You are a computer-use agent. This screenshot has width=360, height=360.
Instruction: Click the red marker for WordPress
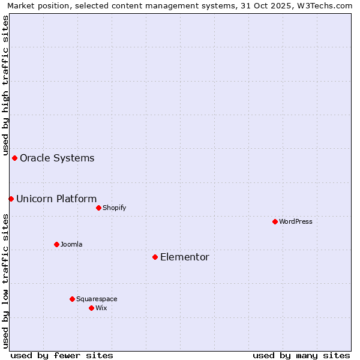coord(275,221)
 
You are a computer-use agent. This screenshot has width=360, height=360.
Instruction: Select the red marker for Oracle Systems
coord(15,158)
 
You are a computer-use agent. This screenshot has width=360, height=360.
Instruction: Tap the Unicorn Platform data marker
coord(11,199)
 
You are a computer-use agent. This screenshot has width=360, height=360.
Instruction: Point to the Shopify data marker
coord(99,208)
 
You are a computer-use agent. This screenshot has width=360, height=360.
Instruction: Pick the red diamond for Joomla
coord(57,244)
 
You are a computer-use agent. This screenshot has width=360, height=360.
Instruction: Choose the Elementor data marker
coord(155,257)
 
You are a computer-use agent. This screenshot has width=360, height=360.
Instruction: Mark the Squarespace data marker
coord(73,299)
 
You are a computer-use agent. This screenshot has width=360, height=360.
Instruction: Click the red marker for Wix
coord(92,308)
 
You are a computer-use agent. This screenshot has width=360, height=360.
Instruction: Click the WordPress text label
coord(296,221)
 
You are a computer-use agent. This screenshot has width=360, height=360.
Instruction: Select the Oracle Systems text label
coord(57,158)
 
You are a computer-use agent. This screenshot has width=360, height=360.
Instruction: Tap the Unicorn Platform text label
coord(56,199)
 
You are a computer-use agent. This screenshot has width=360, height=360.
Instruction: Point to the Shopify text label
coord(114,208)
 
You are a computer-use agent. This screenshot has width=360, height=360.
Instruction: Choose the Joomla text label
coord(71,244)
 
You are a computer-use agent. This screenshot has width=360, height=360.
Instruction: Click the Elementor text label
coord(185,257)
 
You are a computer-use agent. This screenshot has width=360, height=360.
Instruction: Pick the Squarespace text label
coord(97,299)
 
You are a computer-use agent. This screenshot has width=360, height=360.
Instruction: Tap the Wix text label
coord(101,308)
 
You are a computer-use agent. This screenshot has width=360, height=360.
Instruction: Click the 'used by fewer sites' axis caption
coord(62,355)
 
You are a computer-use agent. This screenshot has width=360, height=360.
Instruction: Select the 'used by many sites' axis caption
coord(301,355)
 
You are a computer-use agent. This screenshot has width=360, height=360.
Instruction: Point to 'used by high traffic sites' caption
coord(5,84)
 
